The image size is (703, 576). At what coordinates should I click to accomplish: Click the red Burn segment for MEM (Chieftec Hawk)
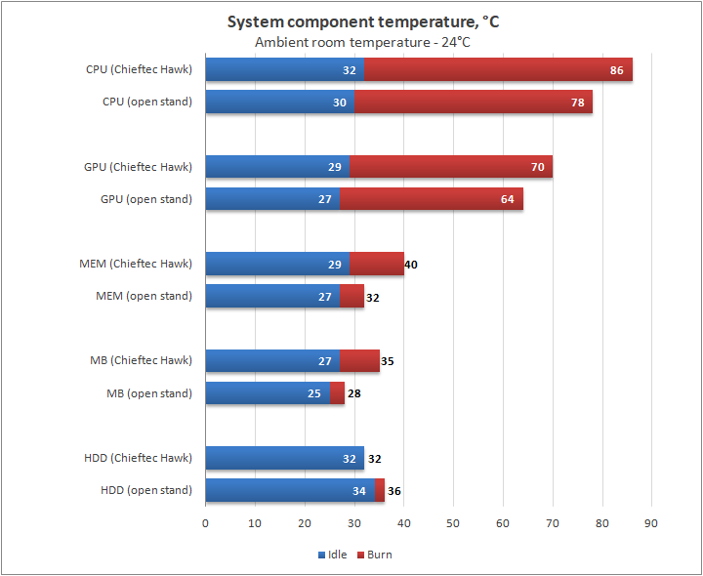376,264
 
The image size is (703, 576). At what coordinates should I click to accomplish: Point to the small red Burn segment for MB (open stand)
337,393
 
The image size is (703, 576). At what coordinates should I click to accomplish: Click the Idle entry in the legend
332,555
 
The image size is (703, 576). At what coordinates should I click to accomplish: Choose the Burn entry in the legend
374,555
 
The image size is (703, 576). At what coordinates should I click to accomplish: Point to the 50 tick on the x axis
453,523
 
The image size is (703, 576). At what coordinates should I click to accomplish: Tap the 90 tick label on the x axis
651,523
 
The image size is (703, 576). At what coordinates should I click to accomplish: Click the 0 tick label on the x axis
205,523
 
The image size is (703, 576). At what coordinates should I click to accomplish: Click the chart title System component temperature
362,21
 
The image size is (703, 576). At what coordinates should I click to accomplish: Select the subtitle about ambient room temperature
362,42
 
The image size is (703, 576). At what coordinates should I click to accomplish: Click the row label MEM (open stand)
144,296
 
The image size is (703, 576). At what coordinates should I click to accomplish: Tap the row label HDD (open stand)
145,490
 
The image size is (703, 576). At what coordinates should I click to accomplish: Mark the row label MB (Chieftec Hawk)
148,360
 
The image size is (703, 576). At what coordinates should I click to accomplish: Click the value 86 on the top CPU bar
617,69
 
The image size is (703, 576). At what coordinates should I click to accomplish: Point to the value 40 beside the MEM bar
411,264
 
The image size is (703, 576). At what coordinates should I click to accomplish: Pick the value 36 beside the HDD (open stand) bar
394,490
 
